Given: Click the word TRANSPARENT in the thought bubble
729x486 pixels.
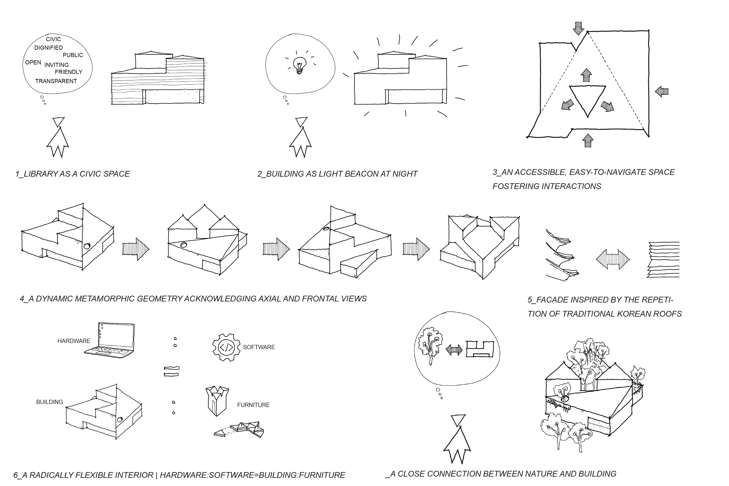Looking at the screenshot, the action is (x=56, y=81).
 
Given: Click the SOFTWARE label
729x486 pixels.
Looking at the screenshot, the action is (x=259, y=347).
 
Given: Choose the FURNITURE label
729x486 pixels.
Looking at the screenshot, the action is (x=253, y=405).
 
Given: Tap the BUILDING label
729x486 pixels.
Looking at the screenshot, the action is (x=50, y=402).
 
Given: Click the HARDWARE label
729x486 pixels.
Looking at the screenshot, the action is (x=74, y=341).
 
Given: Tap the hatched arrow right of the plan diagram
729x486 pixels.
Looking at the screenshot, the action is (x=662, y=91).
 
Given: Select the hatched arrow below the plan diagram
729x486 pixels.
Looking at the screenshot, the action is (x=587, y=140).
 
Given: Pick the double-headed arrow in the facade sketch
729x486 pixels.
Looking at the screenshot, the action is (x=613, y=259).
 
